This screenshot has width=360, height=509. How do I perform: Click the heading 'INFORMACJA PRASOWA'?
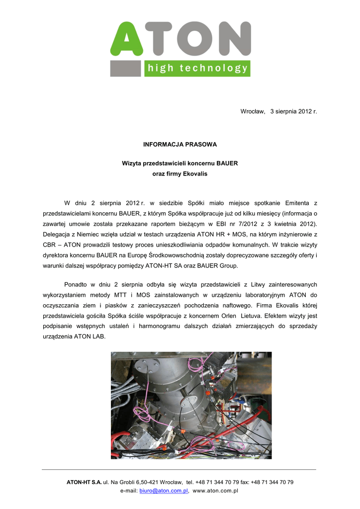click(180, 144)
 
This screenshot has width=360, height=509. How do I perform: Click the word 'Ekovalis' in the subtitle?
click(195, 174)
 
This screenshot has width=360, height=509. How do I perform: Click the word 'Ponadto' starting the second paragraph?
click(75, 284)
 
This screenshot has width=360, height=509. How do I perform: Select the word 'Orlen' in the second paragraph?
click(228, 316)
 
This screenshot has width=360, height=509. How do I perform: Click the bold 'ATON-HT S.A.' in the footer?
click(84, 482)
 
